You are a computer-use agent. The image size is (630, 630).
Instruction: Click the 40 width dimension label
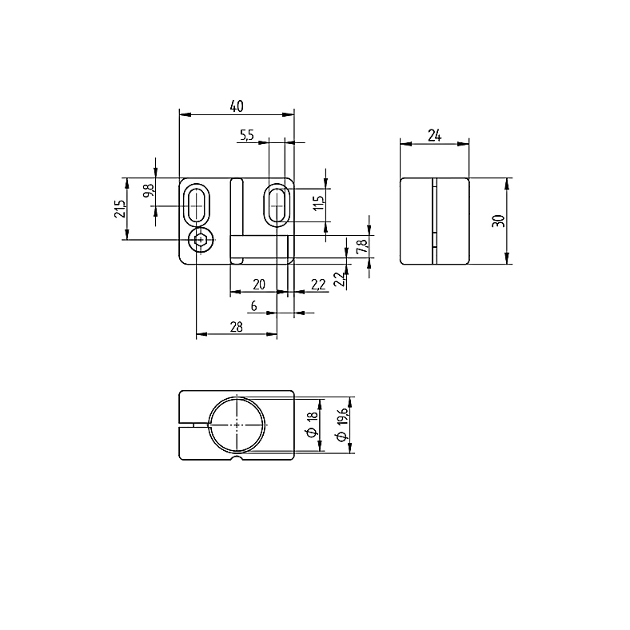tap(237, 106)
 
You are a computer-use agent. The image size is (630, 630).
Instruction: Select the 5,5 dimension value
tap(247, 135)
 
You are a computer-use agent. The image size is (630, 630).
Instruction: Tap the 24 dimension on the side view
tap(434, 136)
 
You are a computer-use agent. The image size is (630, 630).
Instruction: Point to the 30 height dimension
tap(498, 221)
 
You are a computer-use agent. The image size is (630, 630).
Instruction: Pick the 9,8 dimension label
tap(148, 190)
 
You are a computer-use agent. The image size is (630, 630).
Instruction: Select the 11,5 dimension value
tap(318, 203)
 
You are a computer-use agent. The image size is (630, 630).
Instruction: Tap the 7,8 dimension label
tap(361, 246)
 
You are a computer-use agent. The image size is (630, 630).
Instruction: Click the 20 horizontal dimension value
tap(259, 285)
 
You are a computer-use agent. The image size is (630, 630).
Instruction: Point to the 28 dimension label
tap(237, 327)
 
